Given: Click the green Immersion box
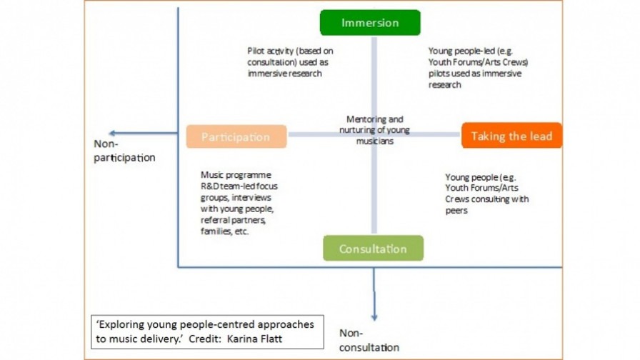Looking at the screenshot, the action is tap(370, 23).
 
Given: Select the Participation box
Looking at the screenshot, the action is tap(236, 136).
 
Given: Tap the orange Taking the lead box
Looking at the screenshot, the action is tap(512, 136).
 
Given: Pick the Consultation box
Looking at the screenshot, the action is tap(373, 248).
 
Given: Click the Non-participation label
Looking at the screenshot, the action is tap(124, 151).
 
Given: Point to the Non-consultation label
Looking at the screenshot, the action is tap(369, 340).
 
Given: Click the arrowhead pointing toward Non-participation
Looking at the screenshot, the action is tap(112, 133).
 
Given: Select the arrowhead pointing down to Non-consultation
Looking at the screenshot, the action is tap(374, 317).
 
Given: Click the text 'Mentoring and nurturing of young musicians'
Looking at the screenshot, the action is tap(375, 130).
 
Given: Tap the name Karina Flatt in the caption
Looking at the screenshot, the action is tap(254, 339).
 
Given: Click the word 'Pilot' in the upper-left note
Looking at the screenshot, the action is tap(256, 51).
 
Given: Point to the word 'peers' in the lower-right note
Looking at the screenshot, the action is tap(456, 211).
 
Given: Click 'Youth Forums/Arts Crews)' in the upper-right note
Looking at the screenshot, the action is tap(479, 62).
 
